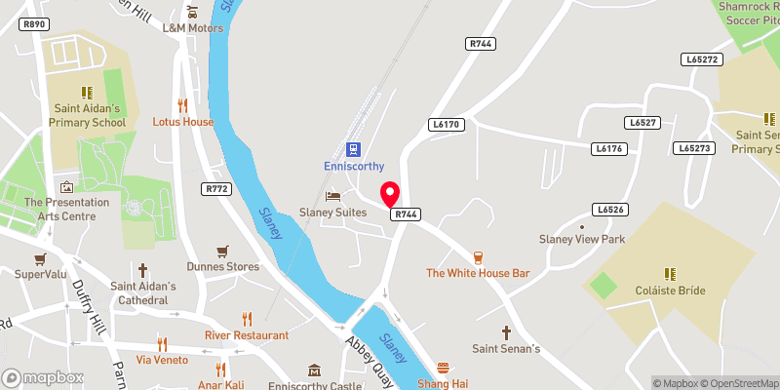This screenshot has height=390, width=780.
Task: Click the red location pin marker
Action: [x=390, y=193]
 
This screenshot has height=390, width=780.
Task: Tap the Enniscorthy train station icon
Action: [x=352, y=149]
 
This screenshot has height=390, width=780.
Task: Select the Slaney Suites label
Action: [x=332, y=212]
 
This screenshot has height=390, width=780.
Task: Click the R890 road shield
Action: [x=35, y=23]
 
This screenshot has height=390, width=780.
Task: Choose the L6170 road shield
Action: [x=444, y=125]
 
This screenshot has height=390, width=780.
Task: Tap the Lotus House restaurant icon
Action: [x=182, y=105]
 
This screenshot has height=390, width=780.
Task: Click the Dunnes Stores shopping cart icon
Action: [x=223, y=250]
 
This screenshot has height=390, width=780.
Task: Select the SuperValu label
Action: [x=39, y=274]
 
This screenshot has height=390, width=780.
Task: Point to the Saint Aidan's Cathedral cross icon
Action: [x=142, y=269]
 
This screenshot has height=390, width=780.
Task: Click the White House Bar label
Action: [x=478, y=273]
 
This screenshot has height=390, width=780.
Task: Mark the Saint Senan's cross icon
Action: [x=506, y=332]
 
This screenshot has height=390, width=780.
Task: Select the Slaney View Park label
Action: [x=581, y=239]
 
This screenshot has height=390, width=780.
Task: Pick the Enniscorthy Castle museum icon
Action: [x=314, y=370]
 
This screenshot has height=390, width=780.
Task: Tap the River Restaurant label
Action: [x=247, y=334]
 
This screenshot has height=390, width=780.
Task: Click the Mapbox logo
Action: [x=42, y=377]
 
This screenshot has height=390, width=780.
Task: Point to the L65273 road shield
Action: [x=693, y=148]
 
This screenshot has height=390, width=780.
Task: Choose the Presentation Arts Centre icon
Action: [x=66, y=186]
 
